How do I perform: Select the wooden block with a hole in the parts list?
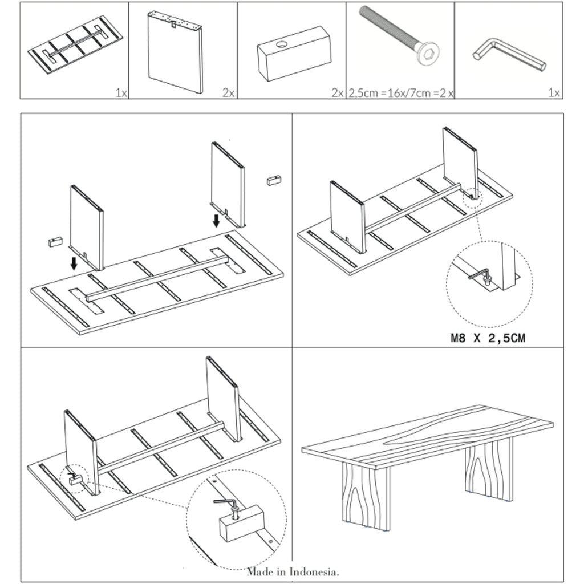tap(294, 54)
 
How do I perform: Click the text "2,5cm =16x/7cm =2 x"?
tap(401, 93)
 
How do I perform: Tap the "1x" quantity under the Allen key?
tap(554, 93)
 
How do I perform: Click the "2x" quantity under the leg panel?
tap(228, 93)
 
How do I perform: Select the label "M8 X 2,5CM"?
tap(488, 338)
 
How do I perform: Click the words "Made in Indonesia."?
tap(293, 571)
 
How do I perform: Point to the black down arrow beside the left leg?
tap(74, 263)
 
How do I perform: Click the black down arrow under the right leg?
tap(217, 220)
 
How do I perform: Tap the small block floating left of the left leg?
tap(54, 242)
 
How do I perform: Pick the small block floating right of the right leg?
tap(273, 180)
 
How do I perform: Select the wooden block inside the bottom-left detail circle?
tap(243, 522)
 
